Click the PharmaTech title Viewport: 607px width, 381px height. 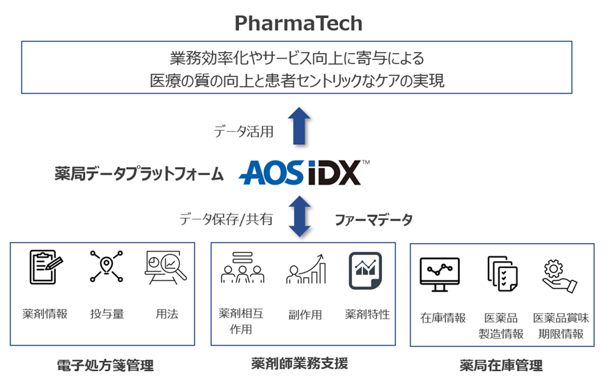tap(298, 23)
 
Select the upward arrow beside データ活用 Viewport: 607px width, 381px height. tap(300, 125)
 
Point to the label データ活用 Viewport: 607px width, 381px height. tap(243, 131)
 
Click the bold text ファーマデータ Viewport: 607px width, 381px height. tap(374, 220)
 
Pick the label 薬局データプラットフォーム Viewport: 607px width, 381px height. tap(139, 174)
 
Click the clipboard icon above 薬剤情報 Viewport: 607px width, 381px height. tap(45, 267)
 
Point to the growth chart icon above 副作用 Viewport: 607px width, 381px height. tap(305, 269)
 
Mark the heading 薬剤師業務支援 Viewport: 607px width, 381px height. tap(299, 363)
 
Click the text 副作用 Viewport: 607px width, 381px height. tap(305, 314)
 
